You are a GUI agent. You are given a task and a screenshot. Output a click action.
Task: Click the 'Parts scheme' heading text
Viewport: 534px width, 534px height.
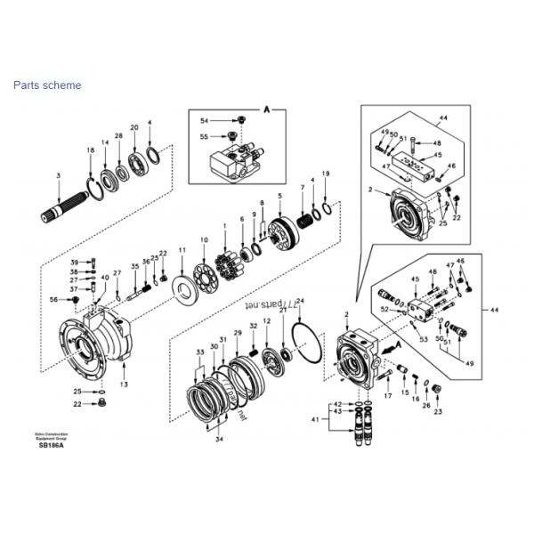coord(46,85)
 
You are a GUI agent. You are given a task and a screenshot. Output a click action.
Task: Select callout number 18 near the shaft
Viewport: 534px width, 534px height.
coord(89,150)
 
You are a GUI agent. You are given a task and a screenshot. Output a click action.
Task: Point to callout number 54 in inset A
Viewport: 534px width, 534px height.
coord(203,120)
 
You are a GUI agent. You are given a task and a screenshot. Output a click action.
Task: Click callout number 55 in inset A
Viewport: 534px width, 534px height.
coord(203,137)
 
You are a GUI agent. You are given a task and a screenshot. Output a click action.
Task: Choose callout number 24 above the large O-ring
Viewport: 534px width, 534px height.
coord(300,302)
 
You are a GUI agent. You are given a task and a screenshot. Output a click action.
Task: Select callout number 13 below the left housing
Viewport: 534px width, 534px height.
coord(125,384)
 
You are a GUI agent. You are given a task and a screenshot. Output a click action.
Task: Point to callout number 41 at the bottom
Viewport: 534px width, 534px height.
coord(314,418)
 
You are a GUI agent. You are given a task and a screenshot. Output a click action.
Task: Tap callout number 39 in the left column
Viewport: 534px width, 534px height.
coord(75,262)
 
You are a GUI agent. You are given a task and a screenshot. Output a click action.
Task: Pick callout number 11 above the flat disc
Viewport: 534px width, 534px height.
coord(182,250)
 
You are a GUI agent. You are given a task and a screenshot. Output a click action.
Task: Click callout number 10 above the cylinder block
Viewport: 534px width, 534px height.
coord(204,240)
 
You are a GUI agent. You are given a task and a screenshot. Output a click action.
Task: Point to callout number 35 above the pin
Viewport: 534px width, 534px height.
coord(135,266)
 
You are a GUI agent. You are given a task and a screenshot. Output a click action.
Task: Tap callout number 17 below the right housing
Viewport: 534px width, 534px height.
coord(388,393)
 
